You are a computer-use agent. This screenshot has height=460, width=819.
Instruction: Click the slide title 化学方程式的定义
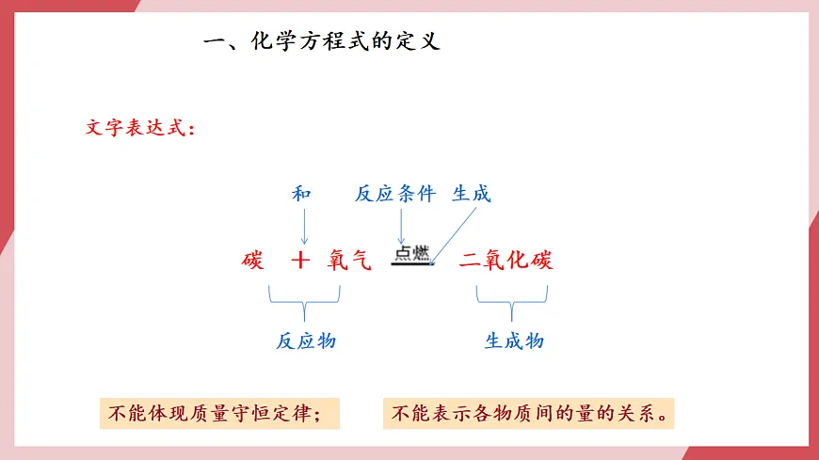(345, 42)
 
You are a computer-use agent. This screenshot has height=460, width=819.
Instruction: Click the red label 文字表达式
(138, 128)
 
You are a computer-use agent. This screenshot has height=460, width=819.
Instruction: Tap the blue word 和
(301, 194)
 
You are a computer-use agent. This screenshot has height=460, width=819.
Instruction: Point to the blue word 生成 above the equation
(472, 194)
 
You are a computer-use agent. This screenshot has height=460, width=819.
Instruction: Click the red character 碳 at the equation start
(252, 261)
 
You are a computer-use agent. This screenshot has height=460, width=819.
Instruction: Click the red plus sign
(300, 261)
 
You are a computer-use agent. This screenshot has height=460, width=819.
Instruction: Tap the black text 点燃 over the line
(412, 253)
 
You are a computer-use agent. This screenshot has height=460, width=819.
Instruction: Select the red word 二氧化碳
(506, 261)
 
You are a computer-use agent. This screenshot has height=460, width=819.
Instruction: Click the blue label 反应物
(306, 341)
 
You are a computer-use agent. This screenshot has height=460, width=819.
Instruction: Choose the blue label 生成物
(514, 341)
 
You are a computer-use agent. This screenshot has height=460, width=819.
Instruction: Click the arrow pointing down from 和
(303, 226)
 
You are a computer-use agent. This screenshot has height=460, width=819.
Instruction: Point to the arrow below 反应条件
(402, 226)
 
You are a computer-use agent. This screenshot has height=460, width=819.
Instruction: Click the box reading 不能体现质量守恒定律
(218, 414)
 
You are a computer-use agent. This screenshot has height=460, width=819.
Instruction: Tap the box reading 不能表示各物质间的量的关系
(529, 414)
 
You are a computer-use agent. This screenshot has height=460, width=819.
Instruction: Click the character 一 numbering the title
(215, 42)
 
